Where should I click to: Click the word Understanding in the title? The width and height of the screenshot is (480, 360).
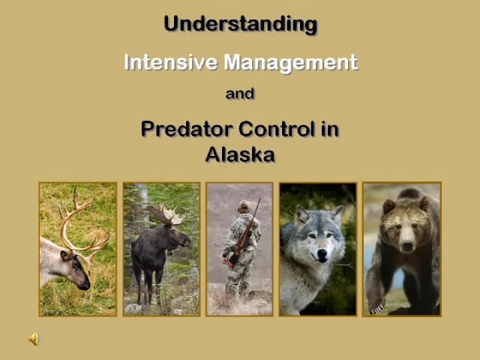pos(240,24)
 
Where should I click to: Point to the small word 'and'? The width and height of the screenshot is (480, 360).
pos(240,94)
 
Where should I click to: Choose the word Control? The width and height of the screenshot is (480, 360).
pos(276,129)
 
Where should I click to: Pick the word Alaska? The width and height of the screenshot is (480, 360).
pos(240,155)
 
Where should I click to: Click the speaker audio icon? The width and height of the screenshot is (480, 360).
pos(34,340)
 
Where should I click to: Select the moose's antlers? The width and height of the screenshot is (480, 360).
pos(166,216)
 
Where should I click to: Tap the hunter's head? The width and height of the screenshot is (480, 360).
pos(244,206)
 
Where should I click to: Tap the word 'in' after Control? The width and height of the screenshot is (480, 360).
pos(330,129)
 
